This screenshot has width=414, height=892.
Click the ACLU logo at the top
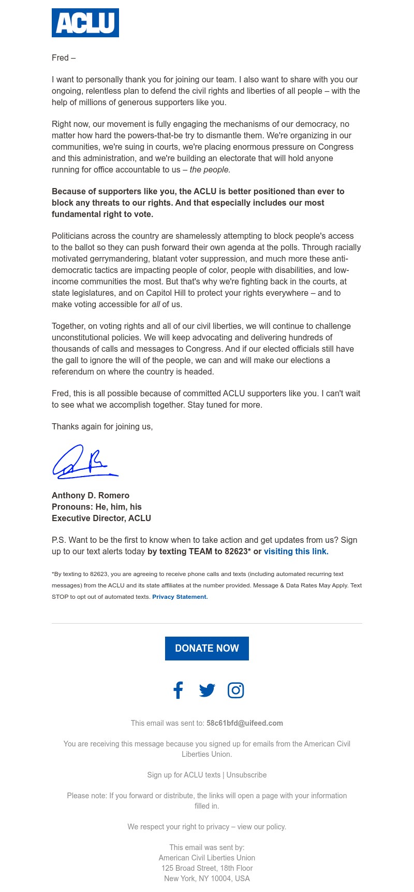coord(85,23)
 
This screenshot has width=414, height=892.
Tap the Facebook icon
coord(178,690)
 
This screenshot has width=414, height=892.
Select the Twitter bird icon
coord(207,690)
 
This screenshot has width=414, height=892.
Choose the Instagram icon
coord(235,690)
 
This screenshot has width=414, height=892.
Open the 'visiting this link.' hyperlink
coord(296,551)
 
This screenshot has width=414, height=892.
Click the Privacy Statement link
coord(180,597)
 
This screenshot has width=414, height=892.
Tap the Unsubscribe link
coord(246,775)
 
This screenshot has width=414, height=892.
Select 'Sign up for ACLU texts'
coord(184,775)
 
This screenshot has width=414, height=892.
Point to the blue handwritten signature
coord(84,462)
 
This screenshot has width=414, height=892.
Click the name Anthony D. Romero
coord(91,495)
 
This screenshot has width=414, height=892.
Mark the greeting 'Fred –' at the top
coord(64,57)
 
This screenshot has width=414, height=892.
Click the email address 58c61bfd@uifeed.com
coord(245,723)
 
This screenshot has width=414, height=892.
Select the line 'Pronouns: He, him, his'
coord(97,507)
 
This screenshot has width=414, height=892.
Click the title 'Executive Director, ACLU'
coord(101,518)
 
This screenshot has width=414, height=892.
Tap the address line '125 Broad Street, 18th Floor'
coord(207,868)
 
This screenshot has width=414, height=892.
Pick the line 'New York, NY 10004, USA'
coord(207,879)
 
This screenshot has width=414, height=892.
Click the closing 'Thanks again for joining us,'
coord(102,427)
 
